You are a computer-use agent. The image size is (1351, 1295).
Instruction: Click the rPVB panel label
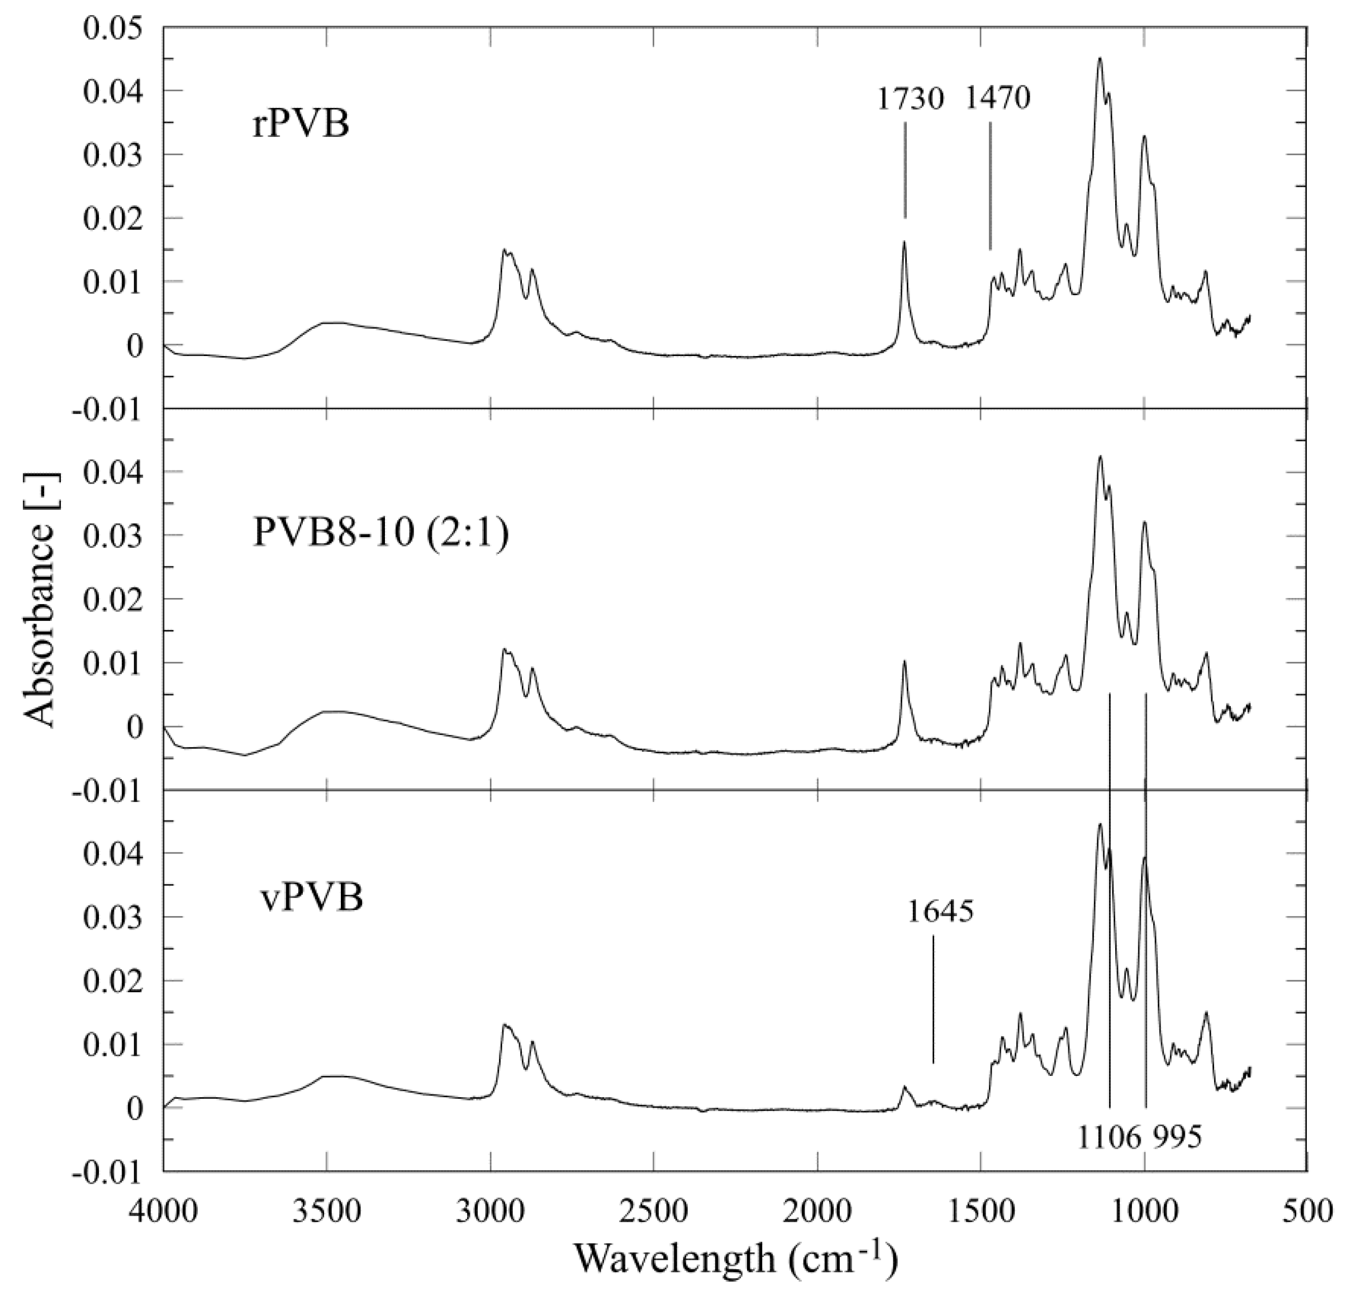click(x=301, y=125)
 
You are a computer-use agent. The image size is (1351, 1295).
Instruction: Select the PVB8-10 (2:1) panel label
click(x=381, y=533)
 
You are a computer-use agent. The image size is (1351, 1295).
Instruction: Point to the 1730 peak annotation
click(x=910, y=100)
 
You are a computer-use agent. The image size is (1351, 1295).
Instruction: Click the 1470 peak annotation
click(x=997, y=100)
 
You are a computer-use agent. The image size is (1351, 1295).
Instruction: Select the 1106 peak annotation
click(x=1109, y=1137)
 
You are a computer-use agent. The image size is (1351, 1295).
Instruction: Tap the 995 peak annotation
click(x=1174, y=1137)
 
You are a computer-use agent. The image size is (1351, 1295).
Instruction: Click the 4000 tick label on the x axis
click(x=163, y=1212)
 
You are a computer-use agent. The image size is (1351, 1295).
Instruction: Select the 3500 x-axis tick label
click(x=327, y=1212)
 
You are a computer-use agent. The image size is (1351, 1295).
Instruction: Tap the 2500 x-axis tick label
click(x=654, y=1212)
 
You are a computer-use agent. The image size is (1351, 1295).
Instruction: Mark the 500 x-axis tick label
click(x=1307, y=1212)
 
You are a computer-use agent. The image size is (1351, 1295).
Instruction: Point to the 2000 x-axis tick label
click(x=817, y=1212)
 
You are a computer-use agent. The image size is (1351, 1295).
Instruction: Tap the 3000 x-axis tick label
click(x=490, y=1212)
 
